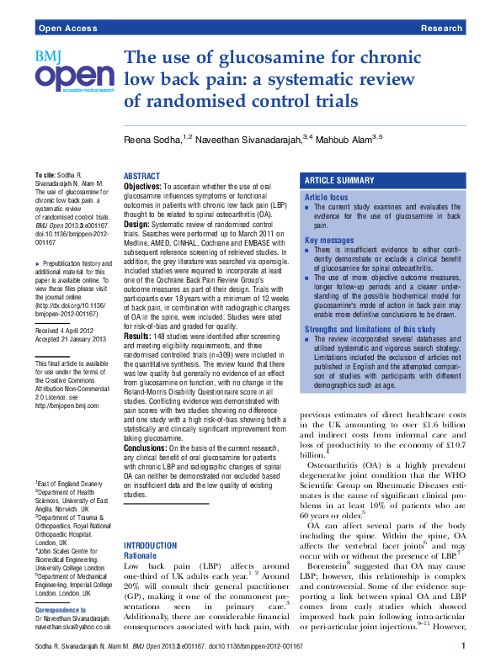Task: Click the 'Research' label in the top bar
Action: pos(442,29)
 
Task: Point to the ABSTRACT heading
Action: pos(141,177)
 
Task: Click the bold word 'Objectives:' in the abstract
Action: pos(142,186)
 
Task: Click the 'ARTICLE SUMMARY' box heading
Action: pos(339,181)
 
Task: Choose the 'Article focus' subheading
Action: pos(328,196)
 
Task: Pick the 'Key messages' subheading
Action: pos(329,240)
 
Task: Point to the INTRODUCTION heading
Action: pos(150,522)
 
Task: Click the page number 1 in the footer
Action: pos(463,646)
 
